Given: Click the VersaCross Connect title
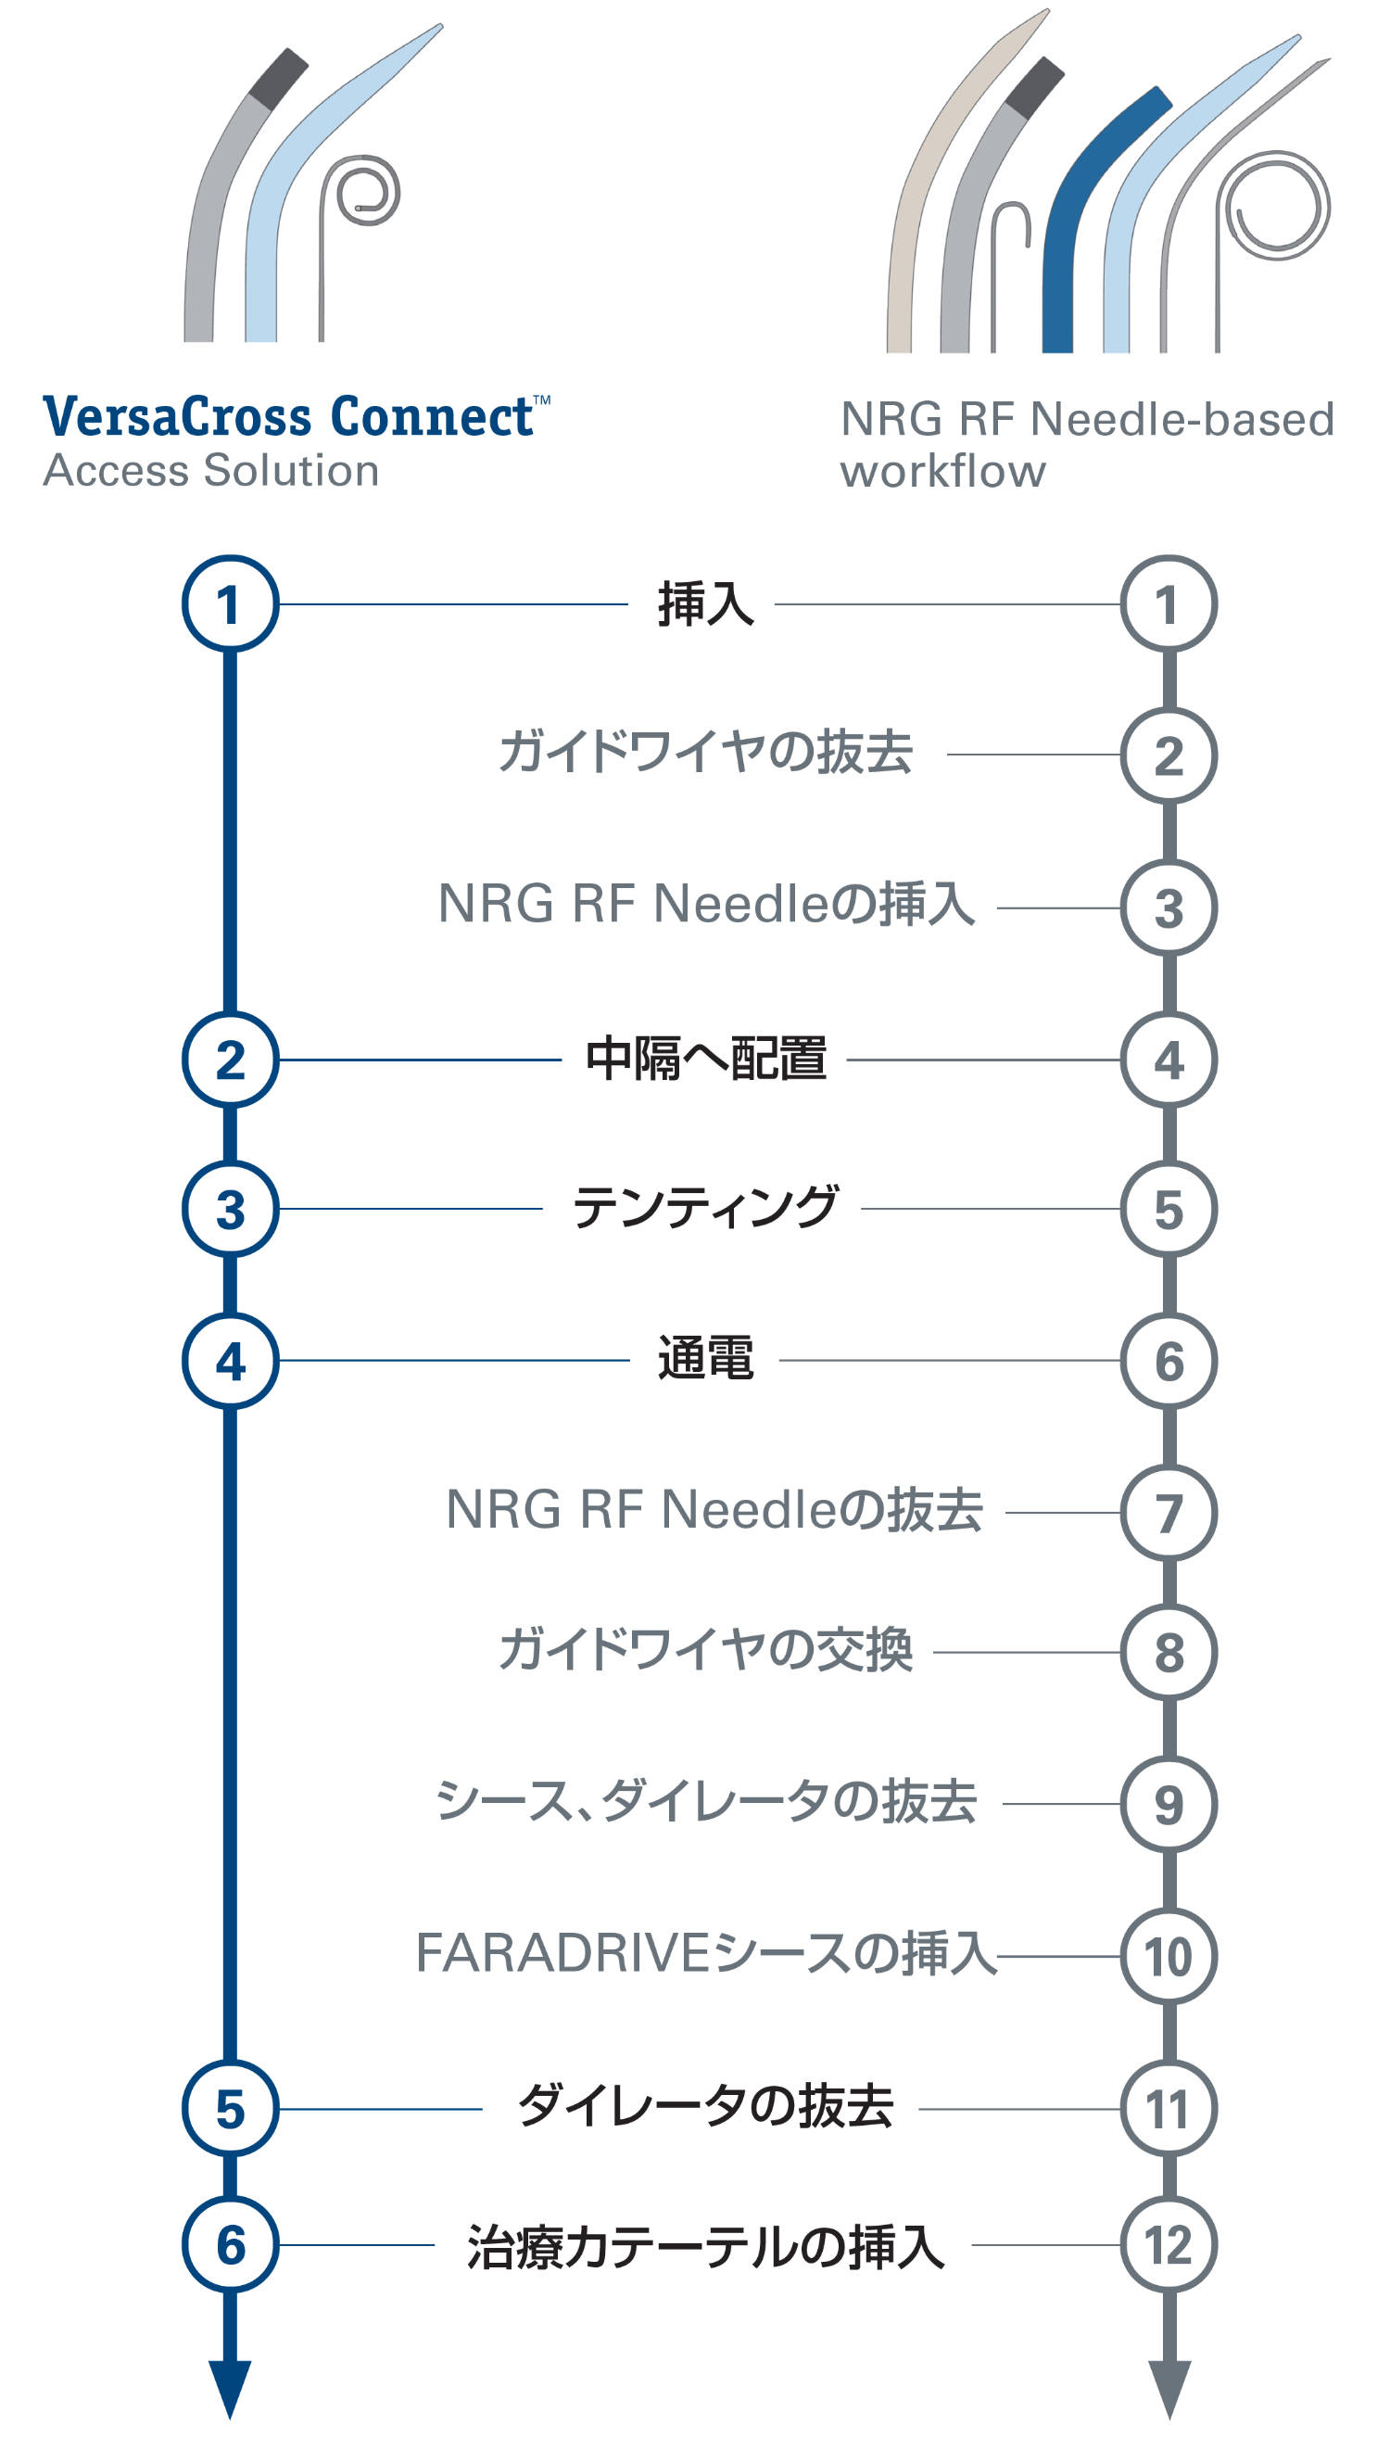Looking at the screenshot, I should pyautogui.click(x=287, y=417).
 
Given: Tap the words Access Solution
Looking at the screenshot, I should pyautogui.click(x=211, y=471).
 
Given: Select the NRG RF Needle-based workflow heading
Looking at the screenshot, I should pyautogui.click(x=1086, y=445).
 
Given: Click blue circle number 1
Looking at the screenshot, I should pyautogui.click(x=230, y=604).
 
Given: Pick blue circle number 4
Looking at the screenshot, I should pyautogui.click(x=230, y=1361).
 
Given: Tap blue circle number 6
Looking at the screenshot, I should pyautogui.click(x=230, y=2244).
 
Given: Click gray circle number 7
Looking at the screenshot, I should pyautogui.click(x=1169, y=1514).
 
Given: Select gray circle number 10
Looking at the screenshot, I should pyautogui.click(x=1169, y=1956).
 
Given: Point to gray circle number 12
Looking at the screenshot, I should pyautogui.click(x=1169, y=2244).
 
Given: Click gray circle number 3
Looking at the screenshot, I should pyautogui.click(x=1169, y=908).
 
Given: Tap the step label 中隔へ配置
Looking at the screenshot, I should pyautogui.click(x=705, y=1060).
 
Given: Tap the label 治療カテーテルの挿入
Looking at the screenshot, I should pyautogui.click(x=705, y=2246).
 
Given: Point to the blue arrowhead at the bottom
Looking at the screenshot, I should pyautogui.click(x=230, y=2387).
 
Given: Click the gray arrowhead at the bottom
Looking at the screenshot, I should pyautogui.click(x=1169, y=2387).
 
